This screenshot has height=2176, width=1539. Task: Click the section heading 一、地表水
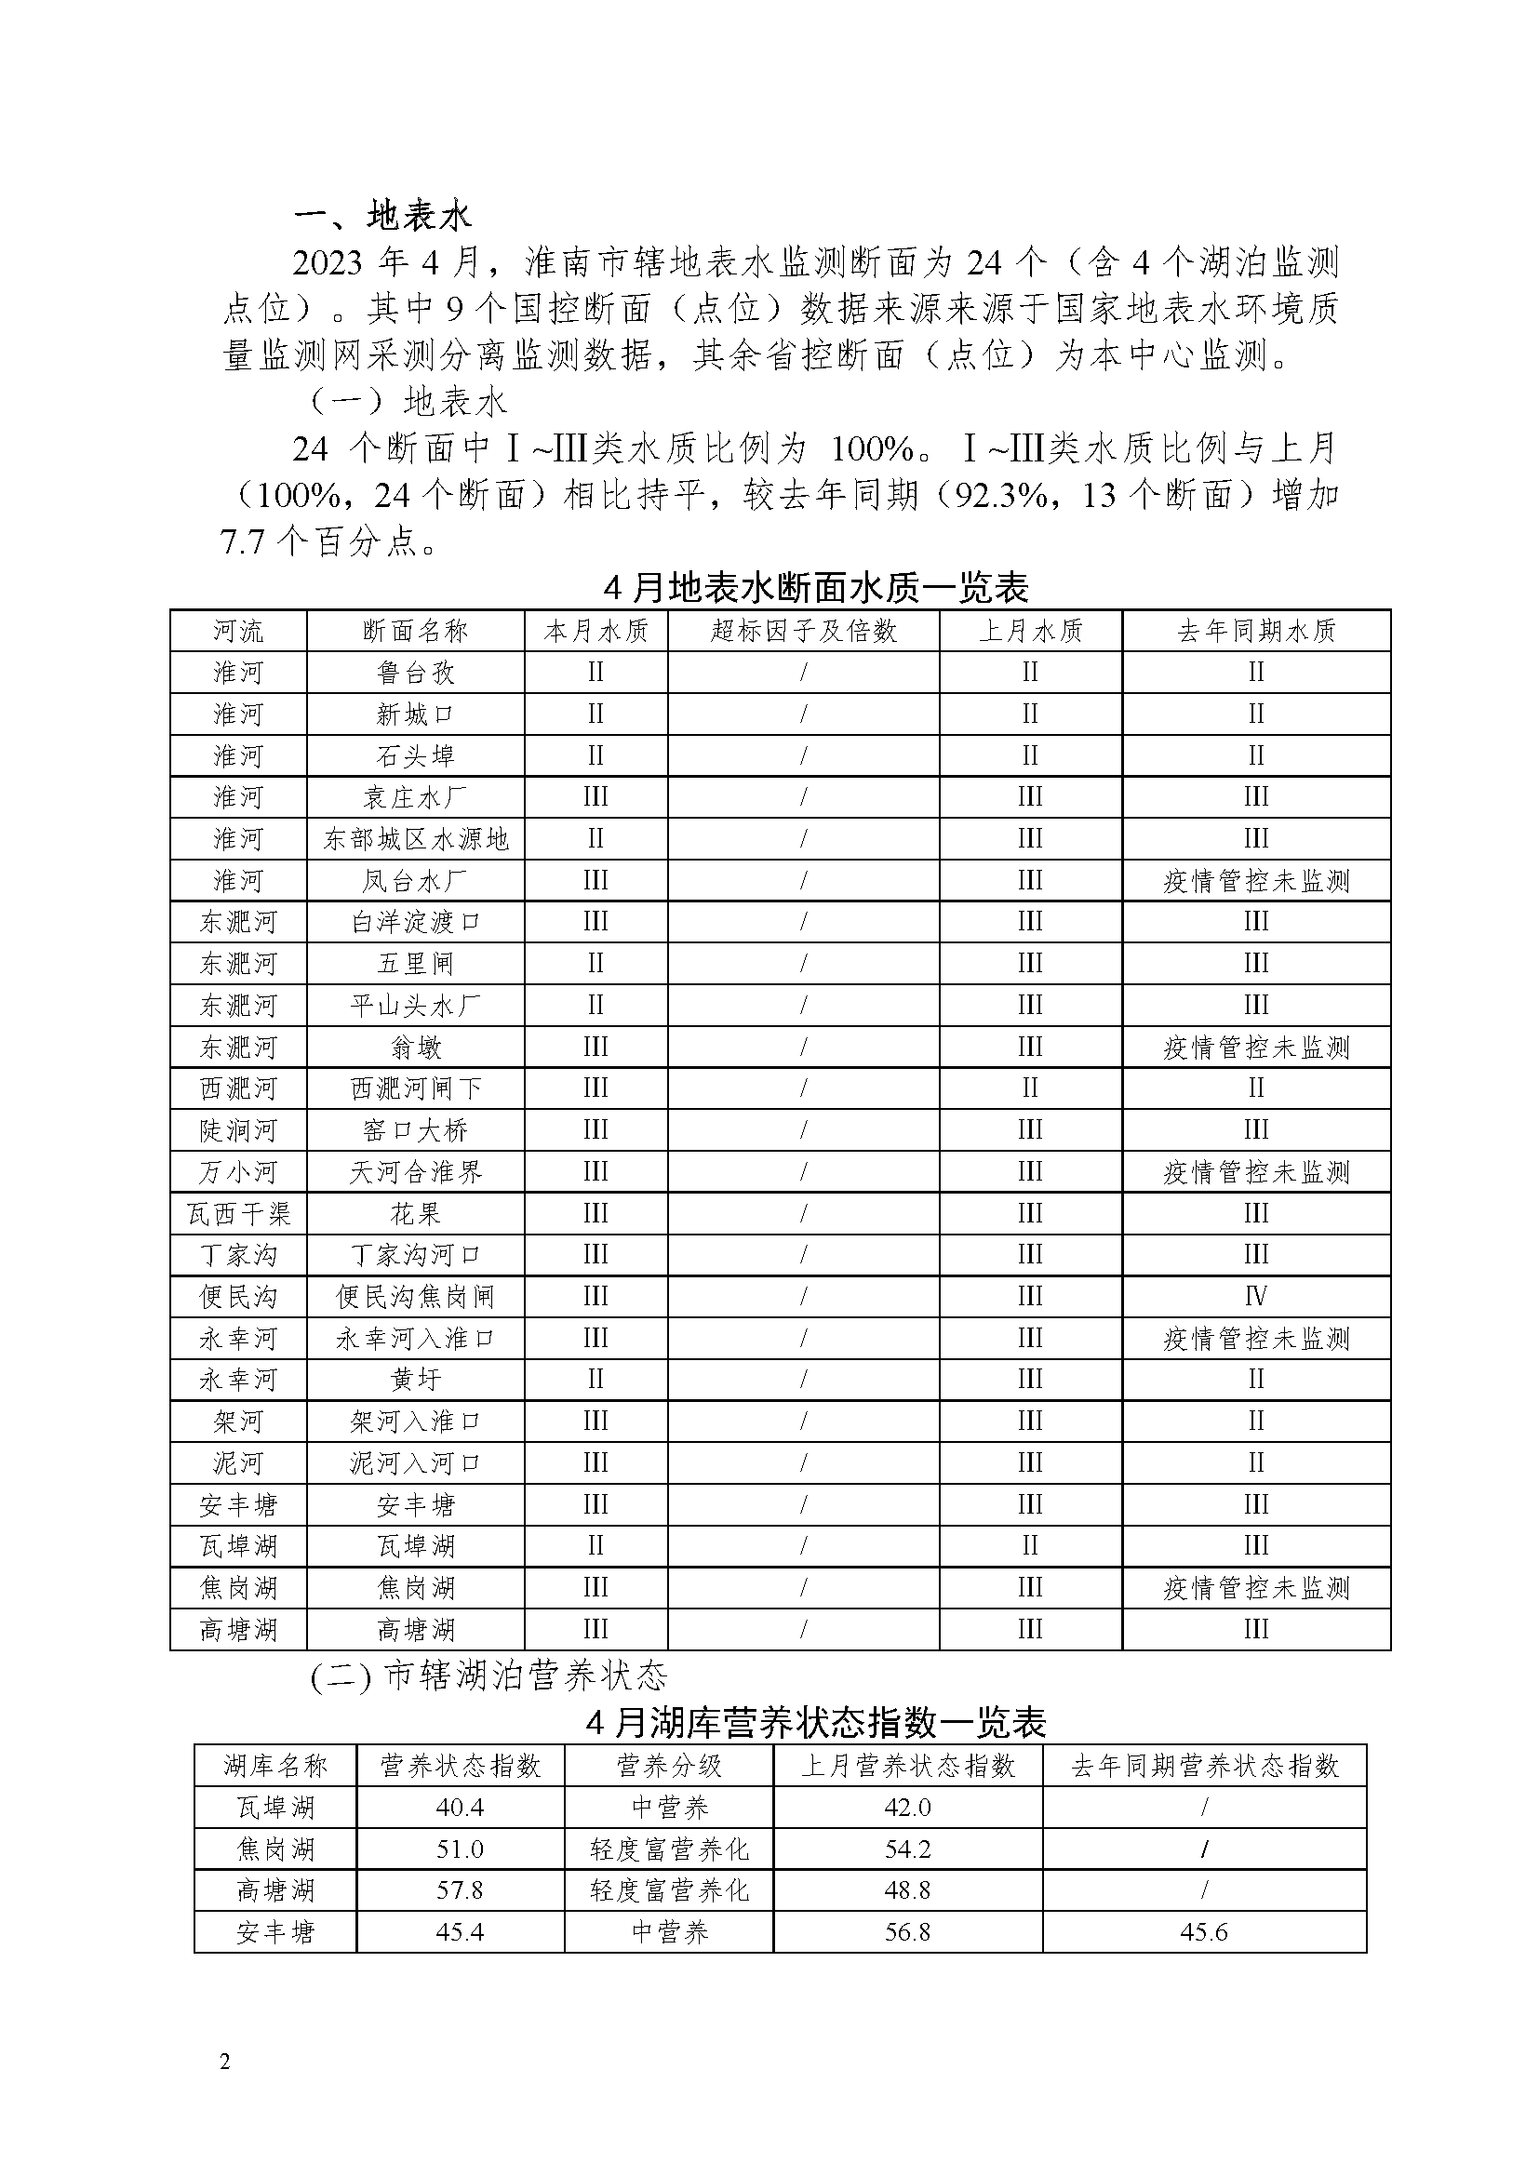click(x=381, y=217)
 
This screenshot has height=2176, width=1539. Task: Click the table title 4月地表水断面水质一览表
click(x=816, y=589)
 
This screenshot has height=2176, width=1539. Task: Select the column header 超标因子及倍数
click(x=804, y=631)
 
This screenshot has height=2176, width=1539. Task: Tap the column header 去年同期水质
click(x=1255, y=631)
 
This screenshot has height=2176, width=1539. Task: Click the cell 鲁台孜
click(x=415, y=673)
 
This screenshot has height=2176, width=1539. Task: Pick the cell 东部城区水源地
click(x=415, y=840)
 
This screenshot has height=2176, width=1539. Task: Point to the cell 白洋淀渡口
click(x=415, y=922)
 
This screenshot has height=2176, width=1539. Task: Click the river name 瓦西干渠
click(x=238, y=1214)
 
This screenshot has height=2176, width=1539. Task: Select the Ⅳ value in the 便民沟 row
click(x=1255, y=1297)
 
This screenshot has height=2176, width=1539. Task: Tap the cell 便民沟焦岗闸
click(x=415, y=1297)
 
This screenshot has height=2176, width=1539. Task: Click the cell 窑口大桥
click(x=415, y=1130)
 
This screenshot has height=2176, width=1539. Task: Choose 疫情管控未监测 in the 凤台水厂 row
click(x=1255, y=881)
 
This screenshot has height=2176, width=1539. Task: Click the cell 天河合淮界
click(x=415, y=1172)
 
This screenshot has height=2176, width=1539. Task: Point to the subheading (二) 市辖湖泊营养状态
click(x=489, y=1676)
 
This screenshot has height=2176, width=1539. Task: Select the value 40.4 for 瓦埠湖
click(x=460, y=1808)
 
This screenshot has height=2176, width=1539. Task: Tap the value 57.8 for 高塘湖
click(x=460, y=1890)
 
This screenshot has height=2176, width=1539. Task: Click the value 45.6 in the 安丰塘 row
click(x=1203, y=1932)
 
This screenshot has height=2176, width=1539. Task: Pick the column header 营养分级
click(x=669, y=1766)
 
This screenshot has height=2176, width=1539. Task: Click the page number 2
click(x=224, y=2063)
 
